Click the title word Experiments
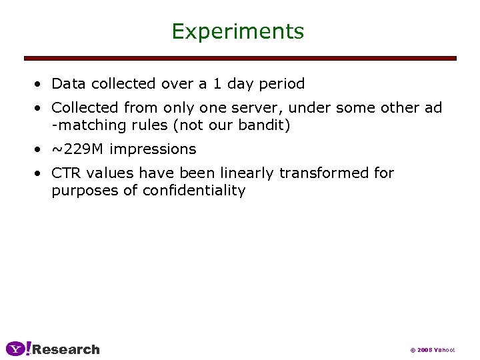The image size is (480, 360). pos(237,31)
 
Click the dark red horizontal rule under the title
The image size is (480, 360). pos(240,59)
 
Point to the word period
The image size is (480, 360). pos(280,85)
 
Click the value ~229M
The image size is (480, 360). pos(78,149)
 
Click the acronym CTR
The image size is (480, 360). pos(66,173)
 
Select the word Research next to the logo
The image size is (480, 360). pos(66,349)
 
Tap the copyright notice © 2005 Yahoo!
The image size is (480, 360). pos(432,350)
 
